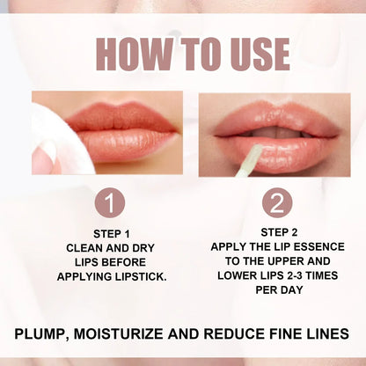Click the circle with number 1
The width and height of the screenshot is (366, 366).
109,203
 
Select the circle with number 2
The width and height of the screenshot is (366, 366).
276,203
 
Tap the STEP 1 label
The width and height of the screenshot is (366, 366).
110,233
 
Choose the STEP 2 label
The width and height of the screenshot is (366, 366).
275,231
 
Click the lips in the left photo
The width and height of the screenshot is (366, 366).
123,132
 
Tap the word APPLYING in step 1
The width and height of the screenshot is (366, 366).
86,275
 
